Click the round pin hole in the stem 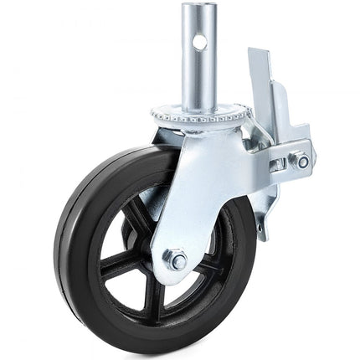tap(200, 40)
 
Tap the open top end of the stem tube tap(198, 8)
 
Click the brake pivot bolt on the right tap(302, 162)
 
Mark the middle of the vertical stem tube tap(198, 63)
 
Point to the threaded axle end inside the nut tap(177, 260)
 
